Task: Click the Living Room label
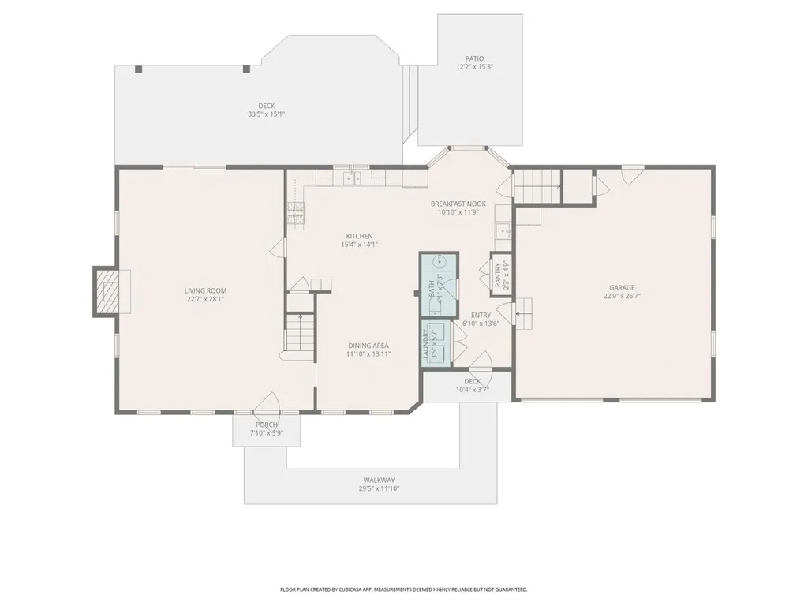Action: tap(206, 290)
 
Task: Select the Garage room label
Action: tap(621, 288)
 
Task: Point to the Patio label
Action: tap(474, 58)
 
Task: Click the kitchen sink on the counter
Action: tap(352, 178)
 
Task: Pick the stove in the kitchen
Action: tap(295, 214)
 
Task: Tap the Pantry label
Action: tap(498, 275)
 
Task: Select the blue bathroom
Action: tap(439, 283)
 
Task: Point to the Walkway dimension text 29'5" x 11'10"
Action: tap(379, 489)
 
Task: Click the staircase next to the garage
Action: tap(537, 189)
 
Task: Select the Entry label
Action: tap(481, 315)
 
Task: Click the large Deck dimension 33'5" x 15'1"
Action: tap(266, 114)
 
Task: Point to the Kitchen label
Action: tap(359, 236)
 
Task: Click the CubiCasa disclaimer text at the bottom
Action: tap(404, 589)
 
